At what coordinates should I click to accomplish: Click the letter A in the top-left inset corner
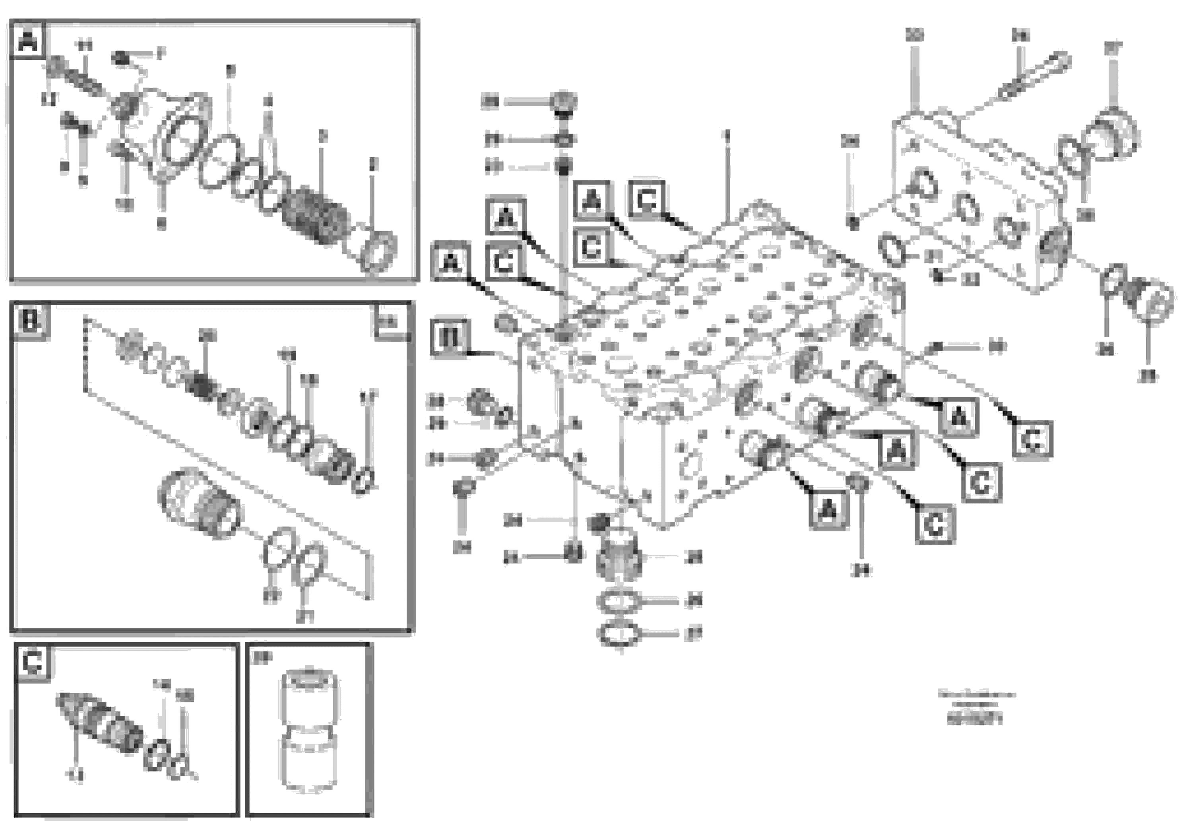28,40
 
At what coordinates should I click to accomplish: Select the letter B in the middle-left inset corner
30,322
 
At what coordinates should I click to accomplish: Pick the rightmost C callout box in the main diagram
1032,439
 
